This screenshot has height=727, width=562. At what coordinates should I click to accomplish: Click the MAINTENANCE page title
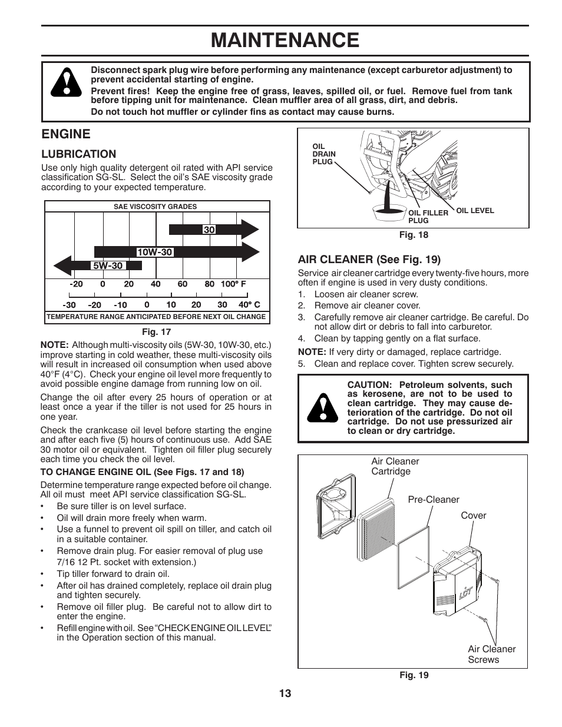coord(285,40)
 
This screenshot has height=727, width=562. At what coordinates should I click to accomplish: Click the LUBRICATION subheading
coord(78,154)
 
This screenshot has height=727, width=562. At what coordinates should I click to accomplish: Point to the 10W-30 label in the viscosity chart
coord(154,252)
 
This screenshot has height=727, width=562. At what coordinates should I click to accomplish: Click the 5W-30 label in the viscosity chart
coord(107,265)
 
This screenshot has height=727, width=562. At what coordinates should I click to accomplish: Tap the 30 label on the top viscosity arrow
coord(209,230)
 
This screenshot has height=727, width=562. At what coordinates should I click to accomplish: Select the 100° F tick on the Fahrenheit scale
coord(233,284)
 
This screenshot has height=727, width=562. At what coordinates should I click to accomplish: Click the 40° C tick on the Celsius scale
coord(249,305)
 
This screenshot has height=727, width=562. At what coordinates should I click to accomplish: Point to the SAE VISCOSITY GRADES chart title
coord(155,207)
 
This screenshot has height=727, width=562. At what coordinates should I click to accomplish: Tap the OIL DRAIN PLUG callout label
coord(323,154)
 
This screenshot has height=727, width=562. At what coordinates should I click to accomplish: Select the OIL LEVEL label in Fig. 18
coord(475,211)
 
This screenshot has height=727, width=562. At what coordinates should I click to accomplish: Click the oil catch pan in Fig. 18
coord(389,210)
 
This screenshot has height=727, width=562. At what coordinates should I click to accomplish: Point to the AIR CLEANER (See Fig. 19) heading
coord(369,259)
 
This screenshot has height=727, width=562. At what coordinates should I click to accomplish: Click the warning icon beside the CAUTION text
coord(322,408)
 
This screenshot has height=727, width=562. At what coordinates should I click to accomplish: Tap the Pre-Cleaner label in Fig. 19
coord(433,500)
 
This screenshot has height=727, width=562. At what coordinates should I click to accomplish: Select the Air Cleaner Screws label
coord(491,654)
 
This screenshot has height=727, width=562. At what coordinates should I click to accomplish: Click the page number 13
coord(285,693)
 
